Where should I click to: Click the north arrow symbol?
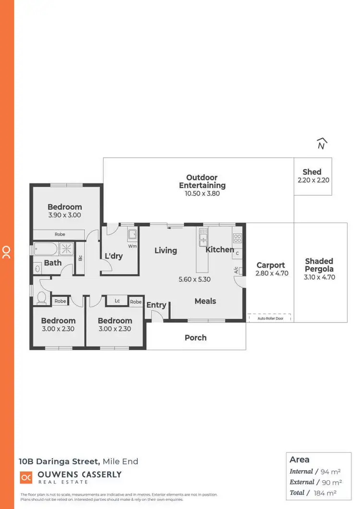[322, 143]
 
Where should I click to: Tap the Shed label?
[312, 172]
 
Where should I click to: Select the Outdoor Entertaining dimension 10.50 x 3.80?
[202, 193]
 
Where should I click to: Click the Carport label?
[271, 265]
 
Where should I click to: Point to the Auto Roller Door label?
[271, 318]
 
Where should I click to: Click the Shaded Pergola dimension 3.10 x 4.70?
[319, 277]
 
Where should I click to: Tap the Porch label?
[196, 338]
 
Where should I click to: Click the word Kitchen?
[220, 249]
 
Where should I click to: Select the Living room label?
[166, 250]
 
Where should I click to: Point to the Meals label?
[205, 301]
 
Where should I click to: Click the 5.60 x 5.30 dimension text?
[194, 279]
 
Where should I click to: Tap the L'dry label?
[114, 256]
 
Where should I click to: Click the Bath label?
[53, 262]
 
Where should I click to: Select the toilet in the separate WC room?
[41, 298]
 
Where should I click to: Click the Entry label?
[156, 305]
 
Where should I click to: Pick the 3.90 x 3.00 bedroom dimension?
[64, 215]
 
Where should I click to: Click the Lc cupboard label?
[117, 301]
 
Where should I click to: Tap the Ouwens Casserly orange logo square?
[26, 478]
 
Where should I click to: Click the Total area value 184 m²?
[325, 493]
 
